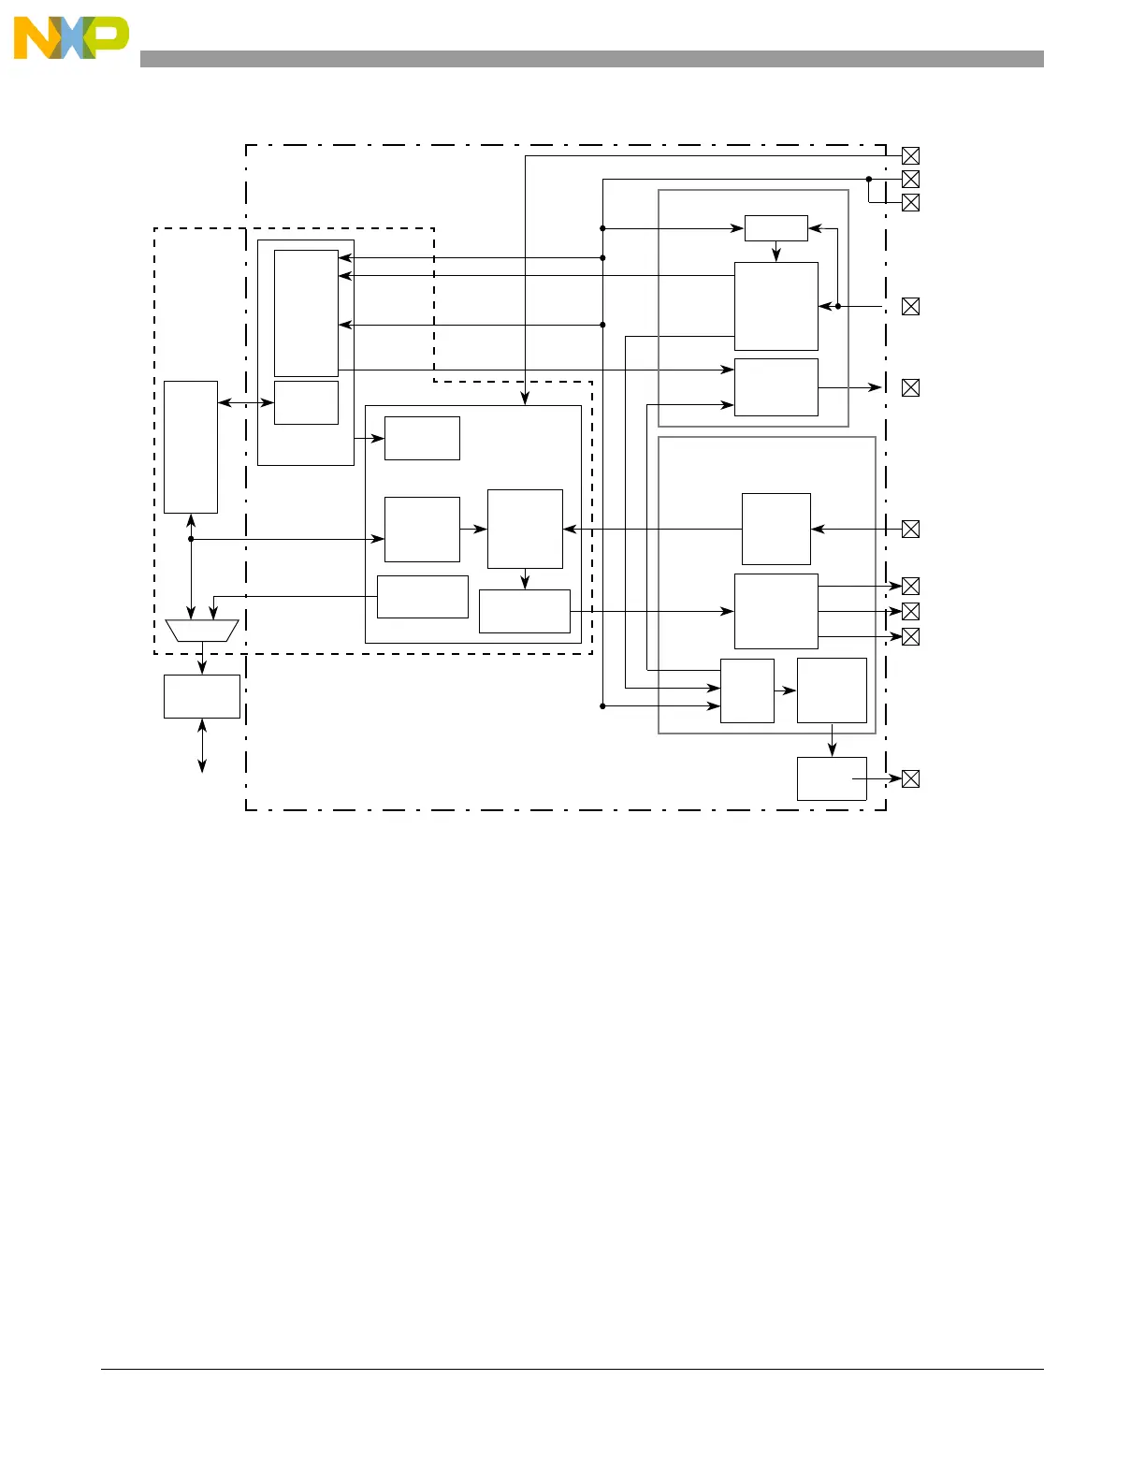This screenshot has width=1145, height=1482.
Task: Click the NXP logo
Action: pos(71,37)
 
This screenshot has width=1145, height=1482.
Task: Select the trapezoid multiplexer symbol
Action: pos(202,630)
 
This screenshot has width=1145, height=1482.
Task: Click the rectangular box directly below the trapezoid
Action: pos(202,696)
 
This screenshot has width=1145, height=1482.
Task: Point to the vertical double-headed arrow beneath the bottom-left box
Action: pos(202,746)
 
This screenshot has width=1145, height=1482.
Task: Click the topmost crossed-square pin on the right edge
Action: pos(910,156)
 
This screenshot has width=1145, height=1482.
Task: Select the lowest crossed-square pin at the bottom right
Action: pos(910,778)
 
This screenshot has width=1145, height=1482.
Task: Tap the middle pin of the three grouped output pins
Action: pos(910,611)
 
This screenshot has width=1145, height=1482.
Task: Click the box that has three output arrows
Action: pos(775,611)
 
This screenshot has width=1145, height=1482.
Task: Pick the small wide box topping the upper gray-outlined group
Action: pos(775,228)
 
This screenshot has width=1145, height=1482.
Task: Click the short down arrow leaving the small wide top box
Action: pos(776,252)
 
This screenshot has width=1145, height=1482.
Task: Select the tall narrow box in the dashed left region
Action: pos(191,446)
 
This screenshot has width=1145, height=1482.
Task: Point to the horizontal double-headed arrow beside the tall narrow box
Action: pos(245,403)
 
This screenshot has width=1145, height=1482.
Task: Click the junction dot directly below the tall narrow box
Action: pos(191,539)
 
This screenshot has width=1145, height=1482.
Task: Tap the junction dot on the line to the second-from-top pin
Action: pos(869,179)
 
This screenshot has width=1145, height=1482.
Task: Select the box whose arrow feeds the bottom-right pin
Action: pos(831,778)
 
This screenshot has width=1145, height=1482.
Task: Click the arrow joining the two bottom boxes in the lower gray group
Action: pos(785,690)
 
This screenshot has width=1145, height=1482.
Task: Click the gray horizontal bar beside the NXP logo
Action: pos(591,59)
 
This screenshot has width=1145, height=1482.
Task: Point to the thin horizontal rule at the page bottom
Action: pos(572,1370)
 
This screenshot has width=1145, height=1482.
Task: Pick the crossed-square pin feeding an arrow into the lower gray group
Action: pos(910,529)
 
